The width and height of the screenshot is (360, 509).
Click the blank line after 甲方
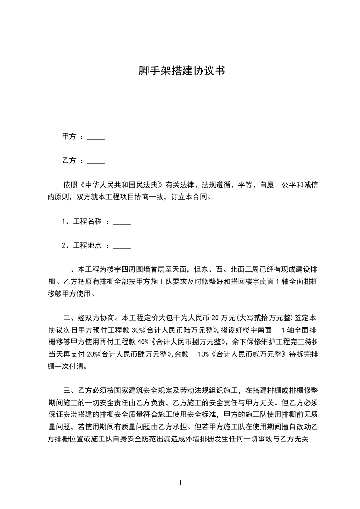tap(96, 137)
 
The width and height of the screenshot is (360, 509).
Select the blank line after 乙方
tap(96, 161)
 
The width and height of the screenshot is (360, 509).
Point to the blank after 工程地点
tap(121, 246)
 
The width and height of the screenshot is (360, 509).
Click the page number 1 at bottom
tap(180, 483)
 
